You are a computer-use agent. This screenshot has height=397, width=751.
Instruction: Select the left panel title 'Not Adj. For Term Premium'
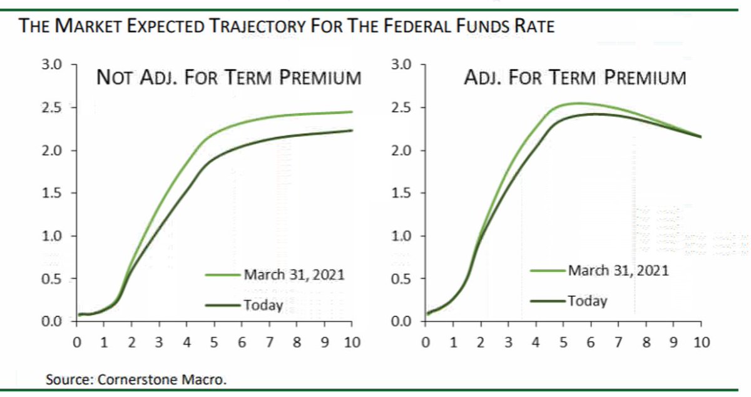click(228, 78)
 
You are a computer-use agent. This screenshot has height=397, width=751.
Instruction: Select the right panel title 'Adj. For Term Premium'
click(575, 78)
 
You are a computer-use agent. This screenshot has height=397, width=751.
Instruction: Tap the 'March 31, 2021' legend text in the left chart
click(294, 274)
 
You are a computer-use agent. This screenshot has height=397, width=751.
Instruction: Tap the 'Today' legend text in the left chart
click(263, 305)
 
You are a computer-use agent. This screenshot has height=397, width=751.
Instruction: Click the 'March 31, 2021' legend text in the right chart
click(618, 271)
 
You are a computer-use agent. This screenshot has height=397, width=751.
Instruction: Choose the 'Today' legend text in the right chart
click(588, 301)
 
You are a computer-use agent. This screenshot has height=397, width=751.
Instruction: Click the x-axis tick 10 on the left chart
click(352, 342)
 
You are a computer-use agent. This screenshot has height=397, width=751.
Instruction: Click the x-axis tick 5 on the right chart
click(563, 342)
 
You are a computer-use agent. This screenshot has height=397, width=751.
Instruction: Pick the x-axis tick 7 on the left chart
click(269, 342)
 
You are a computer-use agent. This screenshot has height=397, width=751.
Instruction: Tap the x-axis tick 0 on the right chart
click(426, 342)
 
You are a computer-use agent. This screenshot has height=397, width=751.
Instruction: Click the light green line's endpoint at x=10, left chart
click(352, 112)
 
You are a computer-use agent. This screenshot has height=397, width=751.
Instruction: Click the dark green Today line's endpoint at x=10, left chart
click(352, 131)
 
